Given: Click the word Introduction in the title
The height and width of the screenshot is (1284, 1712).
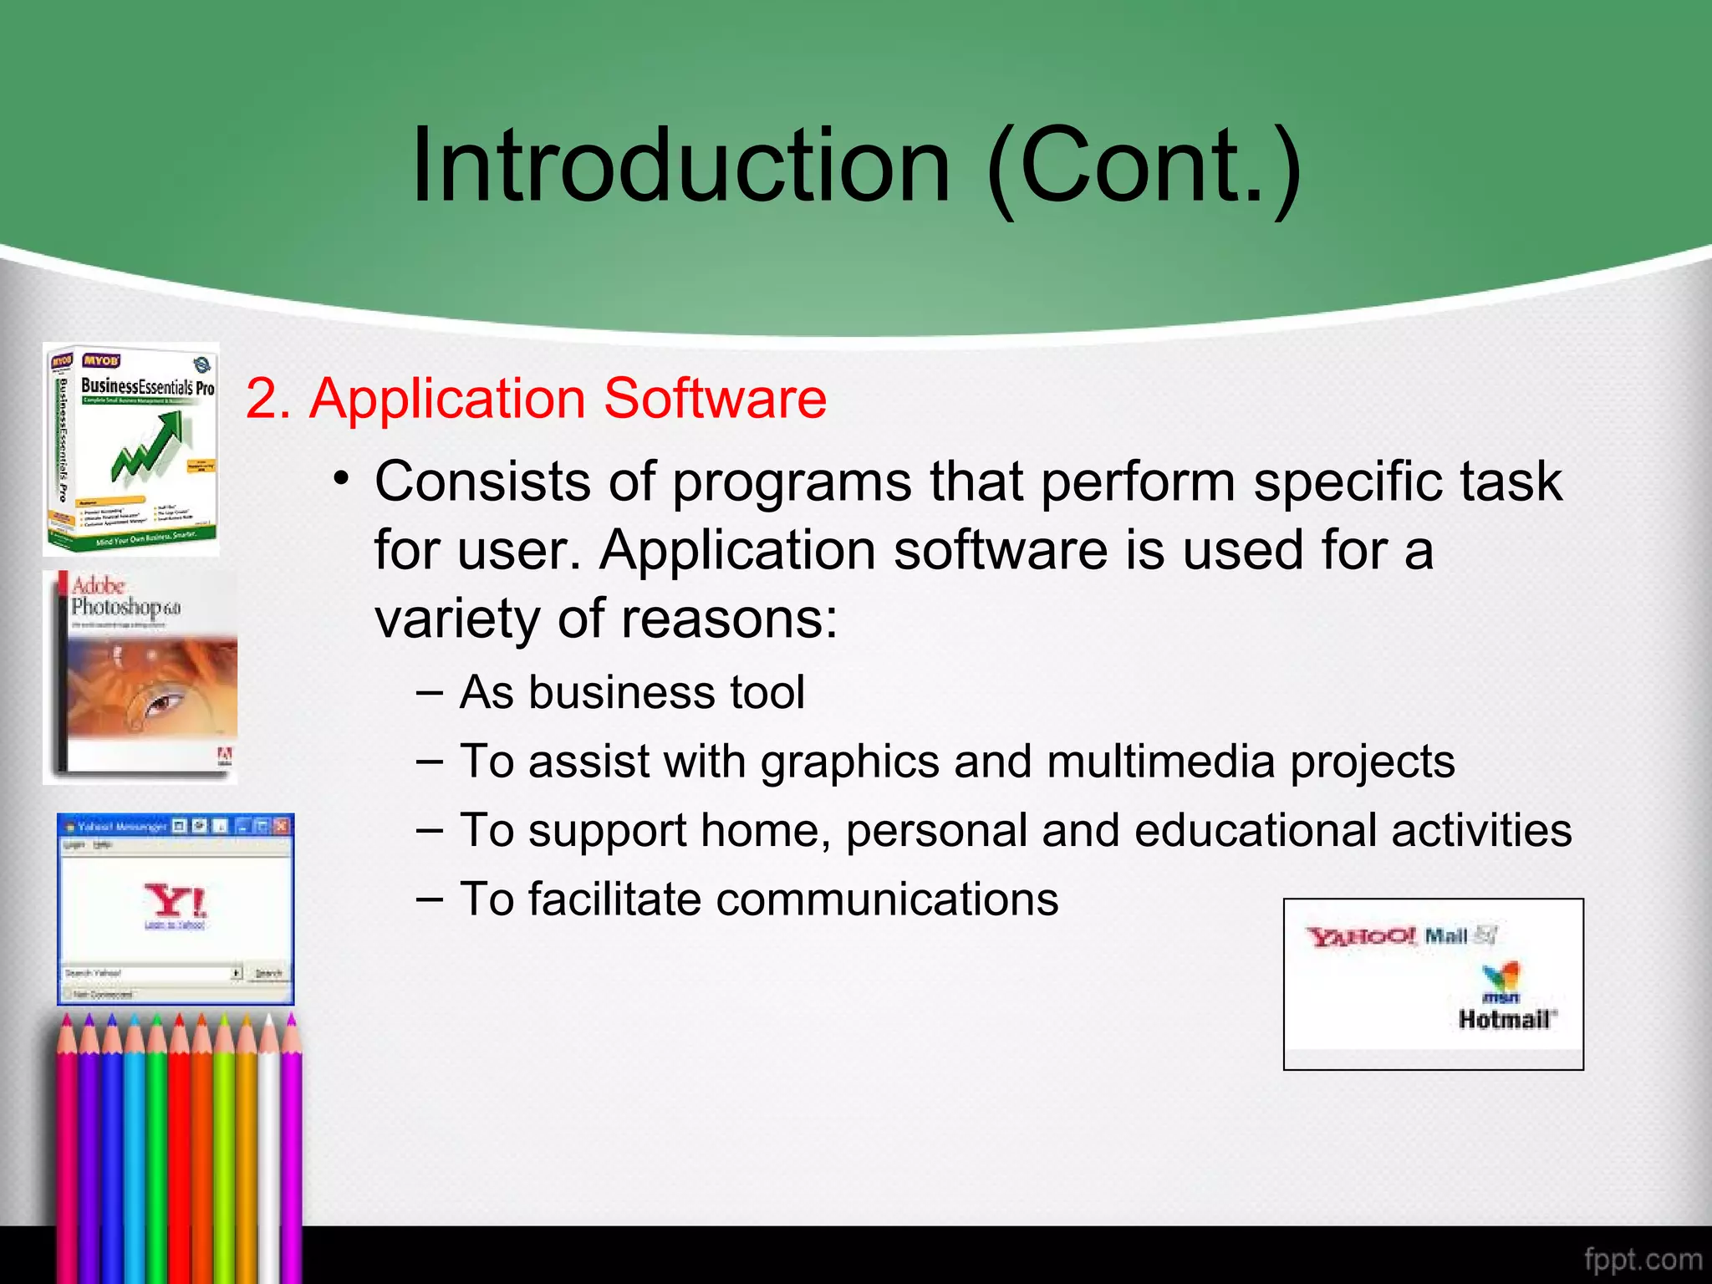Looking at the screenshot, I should (x=681, y=165).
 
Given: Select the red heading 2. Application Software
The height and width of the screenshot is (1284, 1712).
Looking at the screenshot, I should (x=536, y=398).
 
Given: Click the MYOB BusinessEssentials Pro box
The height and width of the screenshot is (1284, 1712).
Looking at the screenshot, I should (x=132, y=450).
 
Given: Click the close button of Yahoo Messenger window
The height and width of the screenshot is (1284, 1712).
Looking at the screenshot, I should (x=282, y=826).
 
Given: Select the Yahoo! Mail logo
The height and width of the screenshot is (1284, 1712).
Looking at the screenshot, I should (x=1401, y=936).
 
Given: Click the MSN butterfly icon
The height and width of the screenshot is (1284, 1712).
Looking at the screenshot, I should (x=1501, y=977).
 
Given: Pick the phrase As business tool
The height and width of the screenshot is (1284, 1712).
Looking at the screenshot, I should (x=632, y=692).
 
